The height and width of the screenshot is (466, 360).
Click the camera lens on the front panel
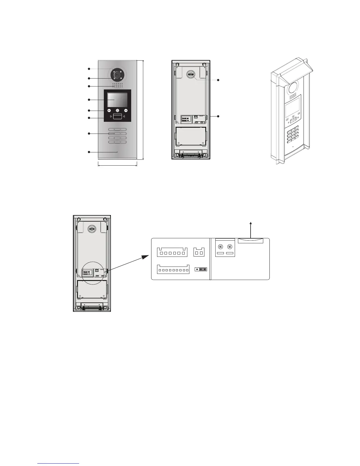pyautogui.click(x=117, y=75)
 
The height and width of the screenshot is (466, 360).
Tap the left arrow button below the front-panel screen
pyautogui.click(x=109, y=111)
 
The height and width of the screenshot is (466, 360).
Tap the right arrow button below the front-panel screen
pyautogui.click(x=126, y=111)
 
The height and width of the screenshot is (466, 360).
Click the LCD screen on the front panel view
pyautogui.click(x=117, y=100)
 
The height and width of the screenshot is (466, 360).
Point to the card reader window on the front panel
pyautogui.click(x=117, y=117)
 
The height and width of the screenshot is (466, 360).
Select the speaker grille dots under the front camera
pyautogui.click(x=117, y=85)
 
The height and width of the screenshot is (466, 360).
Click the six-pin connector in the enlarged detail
pyautogui.click(x=172, y=252)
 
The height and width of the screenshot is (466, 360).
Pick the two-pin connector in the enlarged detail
pyautogui.click(x=199, y=252)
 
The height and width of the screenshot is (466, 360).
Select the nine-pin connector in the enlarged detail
pyautogui.click(x=173, y=269)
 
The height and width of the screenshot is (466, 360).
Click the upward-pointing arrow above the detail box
pyautogui.click(x=251, y=230)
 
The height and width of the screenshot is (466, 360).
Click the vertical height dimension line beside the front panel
pyautogui.click(x=143, y=110)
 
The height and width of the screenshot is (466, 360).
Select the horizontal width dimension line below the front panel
pyautogui.click(x=117, y=165)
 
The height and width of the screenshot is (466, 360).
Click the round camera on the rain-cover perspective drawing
pyautogui.click(x=293, y=88)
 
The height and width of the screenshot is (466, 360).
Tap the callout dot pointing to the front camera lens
pyautogui.click(x=89, y=78)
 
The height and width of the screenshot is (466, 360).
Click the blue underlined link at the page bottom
pyautogui.click(x=59, y=464)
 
